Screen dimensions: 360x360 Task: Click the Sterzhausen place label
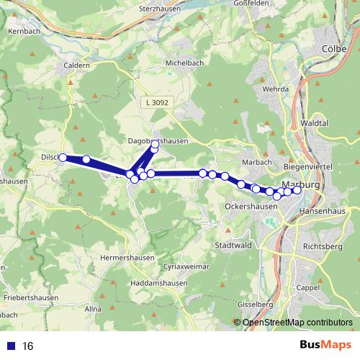[158, 11]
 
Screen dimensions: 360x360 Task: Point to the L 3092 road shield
[155, 104]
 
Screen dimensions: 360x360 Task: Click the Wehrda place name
[275, 89]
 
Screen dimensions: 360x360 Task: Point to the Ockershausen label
[251, 206]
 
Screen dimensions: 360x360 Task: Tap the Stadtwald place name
[231, 245]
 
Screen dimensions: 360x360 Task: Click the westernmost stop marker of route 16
[63, 158]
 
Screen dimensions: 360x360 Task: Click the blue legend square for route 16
[11, 346]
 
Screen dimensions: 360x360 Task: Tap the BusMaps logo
[325, 346]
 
